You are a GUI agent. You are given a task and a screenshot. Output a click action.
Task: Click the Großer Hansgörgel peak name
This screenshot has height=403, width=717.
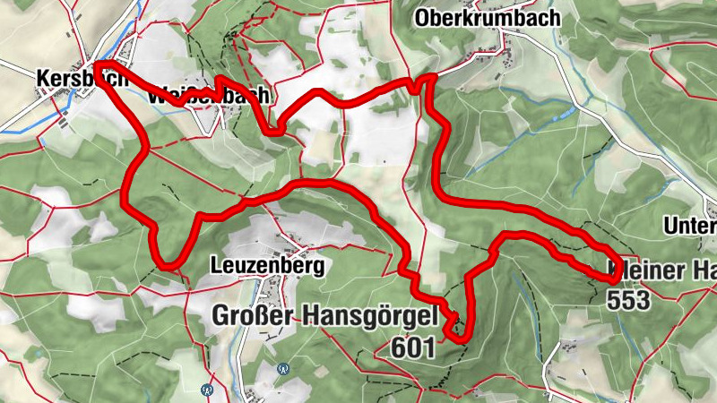point(324,315)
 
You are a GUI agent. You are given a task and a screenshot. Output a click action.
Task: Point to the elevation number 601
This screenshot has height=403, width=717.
point(413,347)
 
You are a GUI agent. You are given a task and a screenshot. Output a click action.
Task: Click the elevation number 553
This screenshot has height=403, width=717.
point(627,301)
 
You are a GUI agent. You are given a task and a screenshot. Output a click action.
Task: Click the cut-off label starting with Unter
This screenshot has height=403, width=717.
point(691,226)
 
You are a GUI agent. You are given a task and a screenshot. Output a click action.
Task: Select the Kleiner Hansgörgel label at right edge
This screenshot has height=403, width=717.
point(663,270)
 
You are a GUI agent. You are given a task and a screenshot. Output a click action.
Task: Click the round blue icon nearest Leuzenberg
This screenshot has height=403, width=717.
point(283,367)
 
